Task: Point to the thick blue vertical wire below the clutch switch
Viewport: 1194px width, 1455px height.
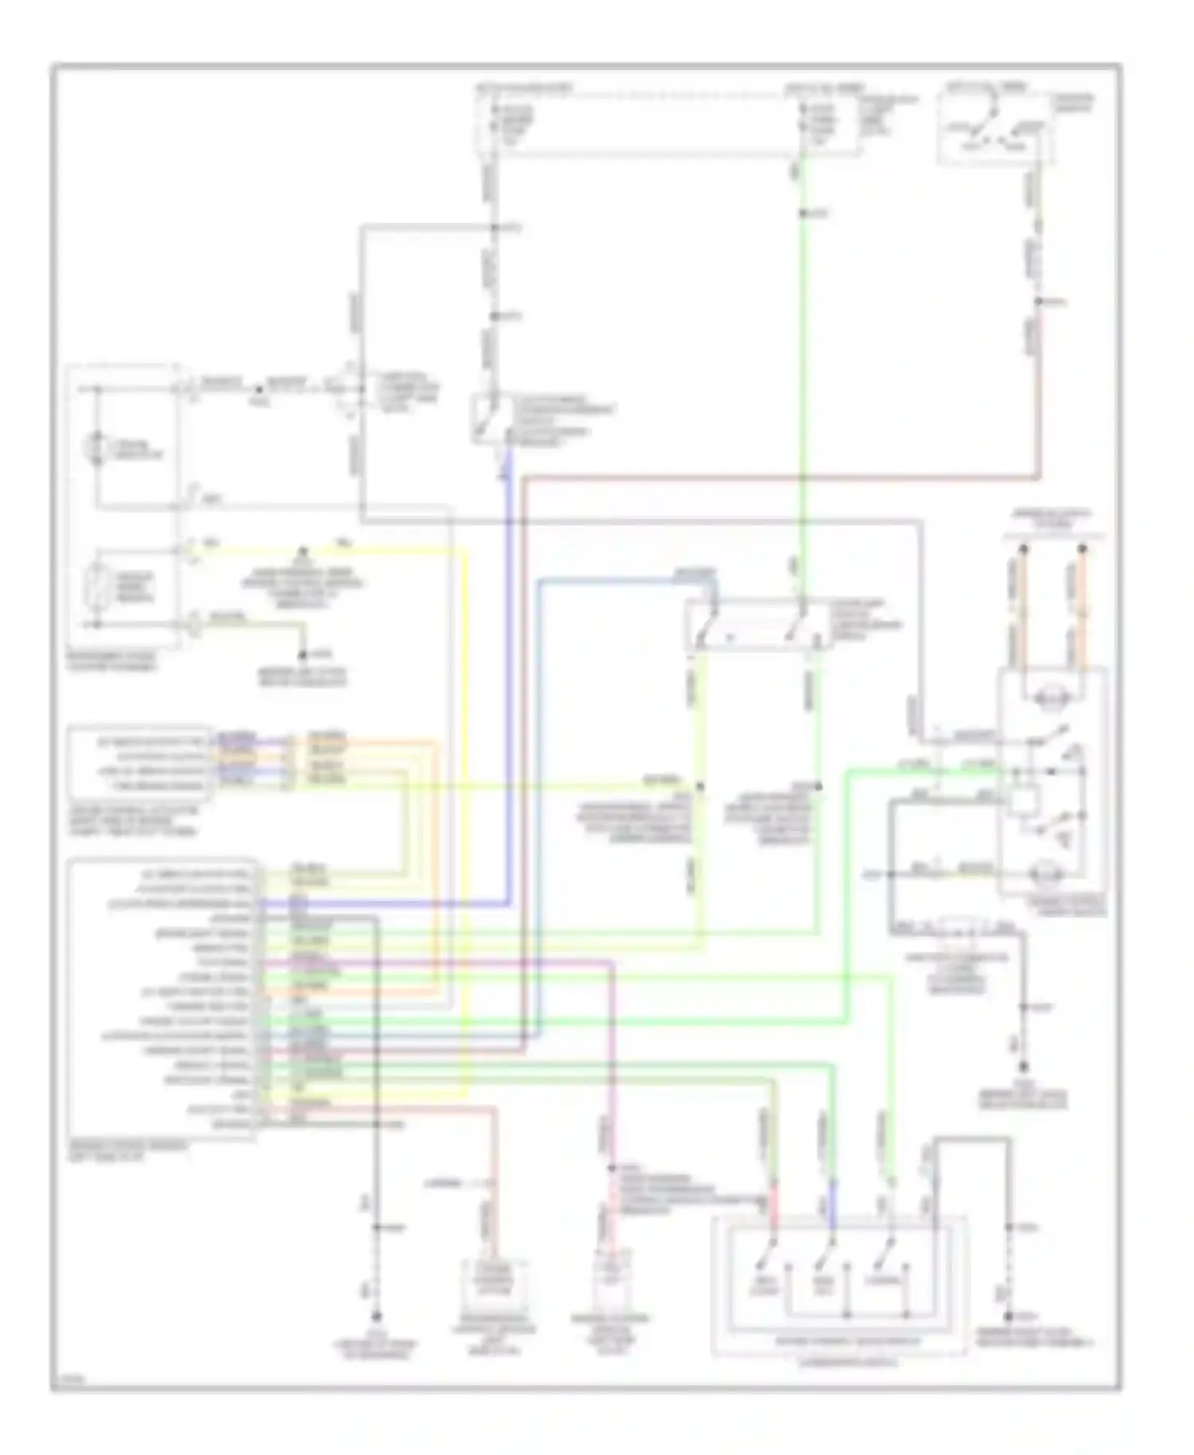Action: [508, 677]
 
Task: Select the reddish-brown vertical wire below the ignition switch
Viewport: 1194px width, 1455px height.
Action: [1038, 382]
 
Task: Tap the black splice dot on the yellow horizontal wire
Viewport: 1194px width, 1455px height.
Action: [302, 551]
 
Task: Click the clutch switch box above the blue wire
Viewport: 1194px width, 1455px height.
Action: [486, 417]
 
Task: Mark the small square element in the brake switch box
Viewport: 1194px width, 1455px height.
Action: [1020, 798]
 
